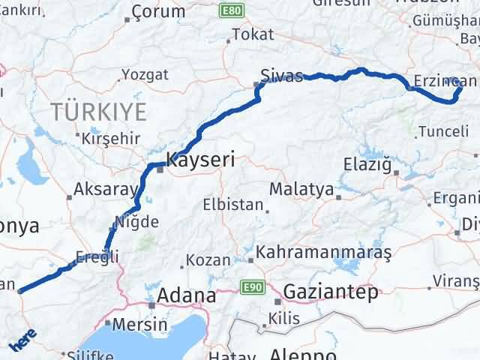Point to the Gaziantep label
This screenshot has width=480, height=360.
click(331, 292)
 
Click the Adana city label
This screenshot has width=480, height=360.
click(186, 295)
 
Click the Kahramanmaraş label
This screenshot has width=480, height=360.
click(324, 252)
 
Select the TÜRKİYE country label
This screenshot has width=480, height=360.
click(99, 112)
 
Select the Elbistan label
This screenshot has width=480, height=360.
click(233, 204)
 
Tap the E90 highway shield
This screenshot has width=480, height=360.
click(250, 286)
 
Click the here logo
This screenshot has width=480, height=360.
click(22, 340)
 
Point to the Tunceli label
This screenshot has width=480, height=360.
click(446, 131)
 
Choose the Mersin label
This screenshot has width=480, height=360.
click(140, 325)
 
